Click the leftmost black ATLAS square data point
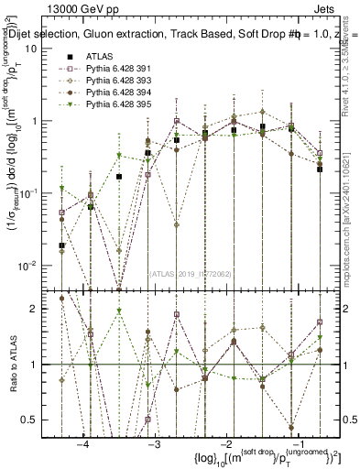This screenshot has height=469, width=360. [61, 245]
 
